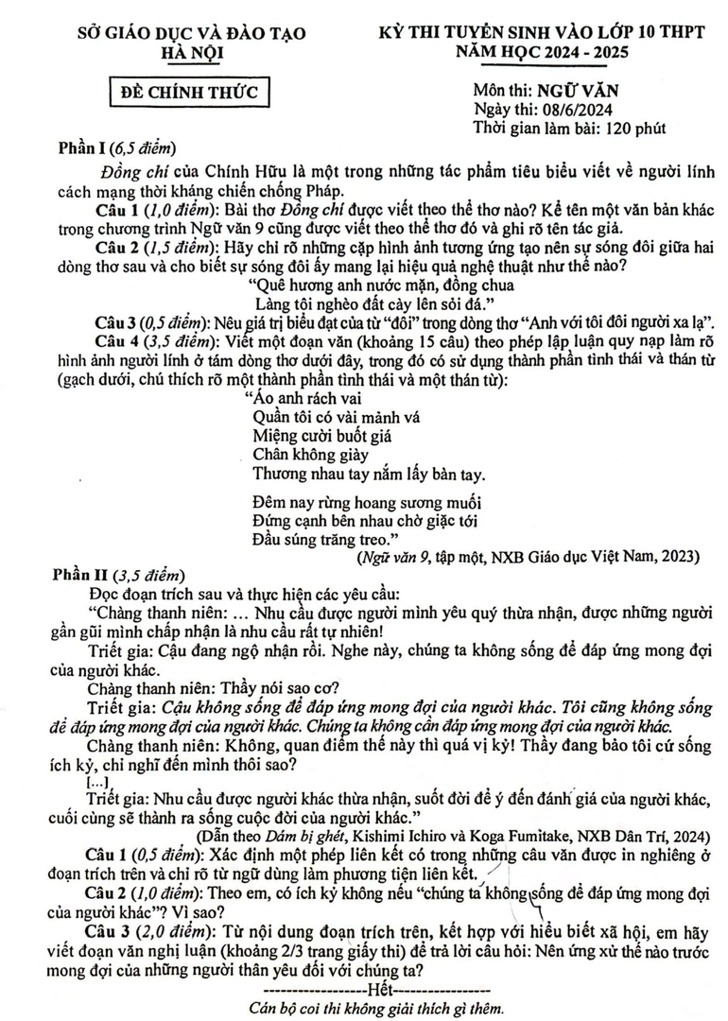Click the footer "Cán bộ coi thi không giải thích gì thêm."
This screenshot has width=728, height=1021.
[364, 1008]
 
